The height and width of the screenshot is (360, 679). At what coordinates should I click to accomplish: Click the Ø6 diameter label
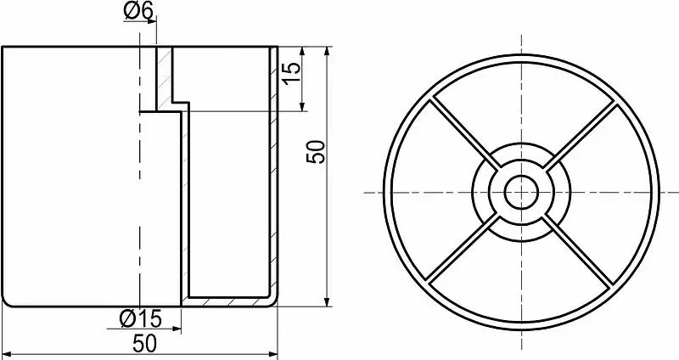138,10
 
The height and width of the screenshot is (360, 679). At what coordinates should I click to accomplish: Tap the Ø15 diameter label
140,319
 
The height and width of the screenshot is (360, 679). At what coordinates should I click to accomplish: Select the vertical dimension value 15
291,73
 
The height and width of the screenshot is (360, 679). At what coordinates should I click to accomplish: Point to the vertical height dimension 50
315,151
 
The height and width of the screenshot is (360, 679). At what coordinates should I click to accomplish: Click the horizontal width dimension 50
145,344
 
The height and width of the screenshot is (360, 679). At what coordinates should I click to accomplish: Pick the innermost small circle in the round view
521,177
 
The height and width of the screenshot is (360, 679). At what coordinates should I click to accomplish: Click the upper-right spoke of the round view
579,135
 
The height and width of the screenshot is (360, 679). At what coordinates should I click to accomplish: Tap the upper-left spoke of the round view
464,134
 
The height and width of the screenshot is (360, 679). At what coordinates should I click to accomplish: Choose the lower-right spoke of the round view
578,250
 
